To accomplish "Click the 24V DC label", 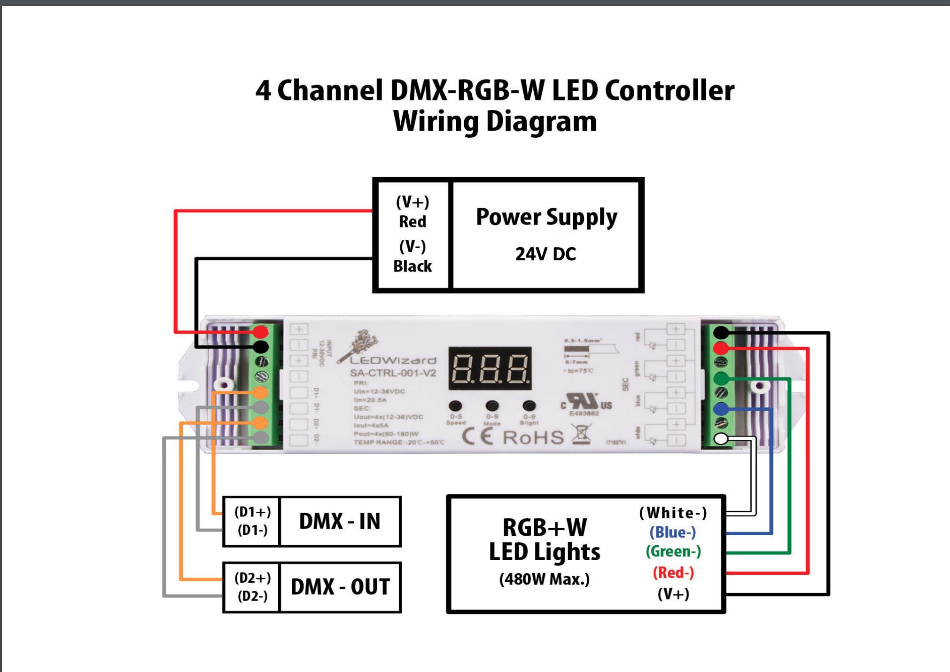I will (545, 254).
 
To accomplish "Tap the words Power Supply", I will (546, 218).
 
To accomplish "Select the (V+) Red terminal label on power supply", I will (413, 211).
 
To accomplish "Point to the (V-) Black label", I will (413, 256).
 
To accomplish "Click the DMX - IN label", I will (340, 521).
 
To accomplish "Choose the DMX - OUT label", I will (340, 587).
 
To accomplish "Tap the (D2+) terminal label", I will (252, 578).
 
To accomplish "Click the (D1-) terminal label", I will (252, 531).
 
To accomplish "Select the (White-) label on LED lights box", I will (673, 513).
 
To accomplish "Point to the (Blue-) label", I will (673, 532).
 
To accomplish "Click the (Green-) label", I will (673, 551).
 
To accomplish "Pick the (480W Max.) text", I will (545, 579).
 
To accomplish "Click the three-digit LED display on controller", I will (490, 368).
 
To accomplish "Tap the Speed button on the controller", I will (455, 406).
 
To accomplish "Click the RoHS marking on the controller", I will (533, 438).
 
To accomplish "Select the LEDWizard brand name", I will (393, 360).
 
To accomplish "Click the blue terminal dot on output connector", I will (721, 408).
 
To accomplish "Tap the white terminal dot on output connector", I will (721, 439).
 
